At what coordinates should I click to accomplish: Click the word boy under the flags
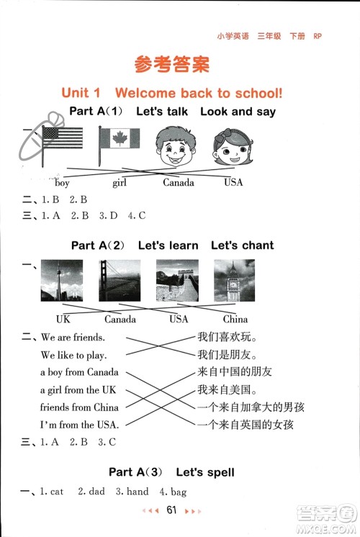pos(62,183)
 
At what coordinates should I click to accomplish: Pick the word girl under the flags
pos(120,183)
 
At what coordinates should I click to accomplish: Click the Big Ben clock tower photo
pos(235,280)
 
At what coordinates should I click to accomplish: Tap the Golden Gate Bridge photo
pos(120,280)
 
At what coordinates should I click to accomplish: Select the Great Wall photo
pos(177,280)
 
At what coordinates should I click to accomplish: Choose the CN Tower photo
pos(62,280)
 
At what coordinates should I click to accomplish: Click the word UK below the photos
pos(63,319)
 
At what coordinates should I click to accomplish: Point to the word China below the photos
pos(235,319)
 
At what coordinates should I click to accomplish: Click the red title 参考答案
pos(172,64)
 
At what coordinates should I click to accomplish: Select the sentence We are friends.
pos(73,337)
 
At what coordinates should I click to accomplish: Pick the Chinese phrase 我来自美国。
pos(228,389)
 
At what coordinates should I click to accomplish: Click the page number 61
pos(171,510)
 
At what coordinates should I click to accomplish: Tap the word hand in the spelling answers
pos(137,492)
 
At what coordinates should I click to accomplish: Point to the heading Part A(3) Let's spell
pos(171,472)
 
